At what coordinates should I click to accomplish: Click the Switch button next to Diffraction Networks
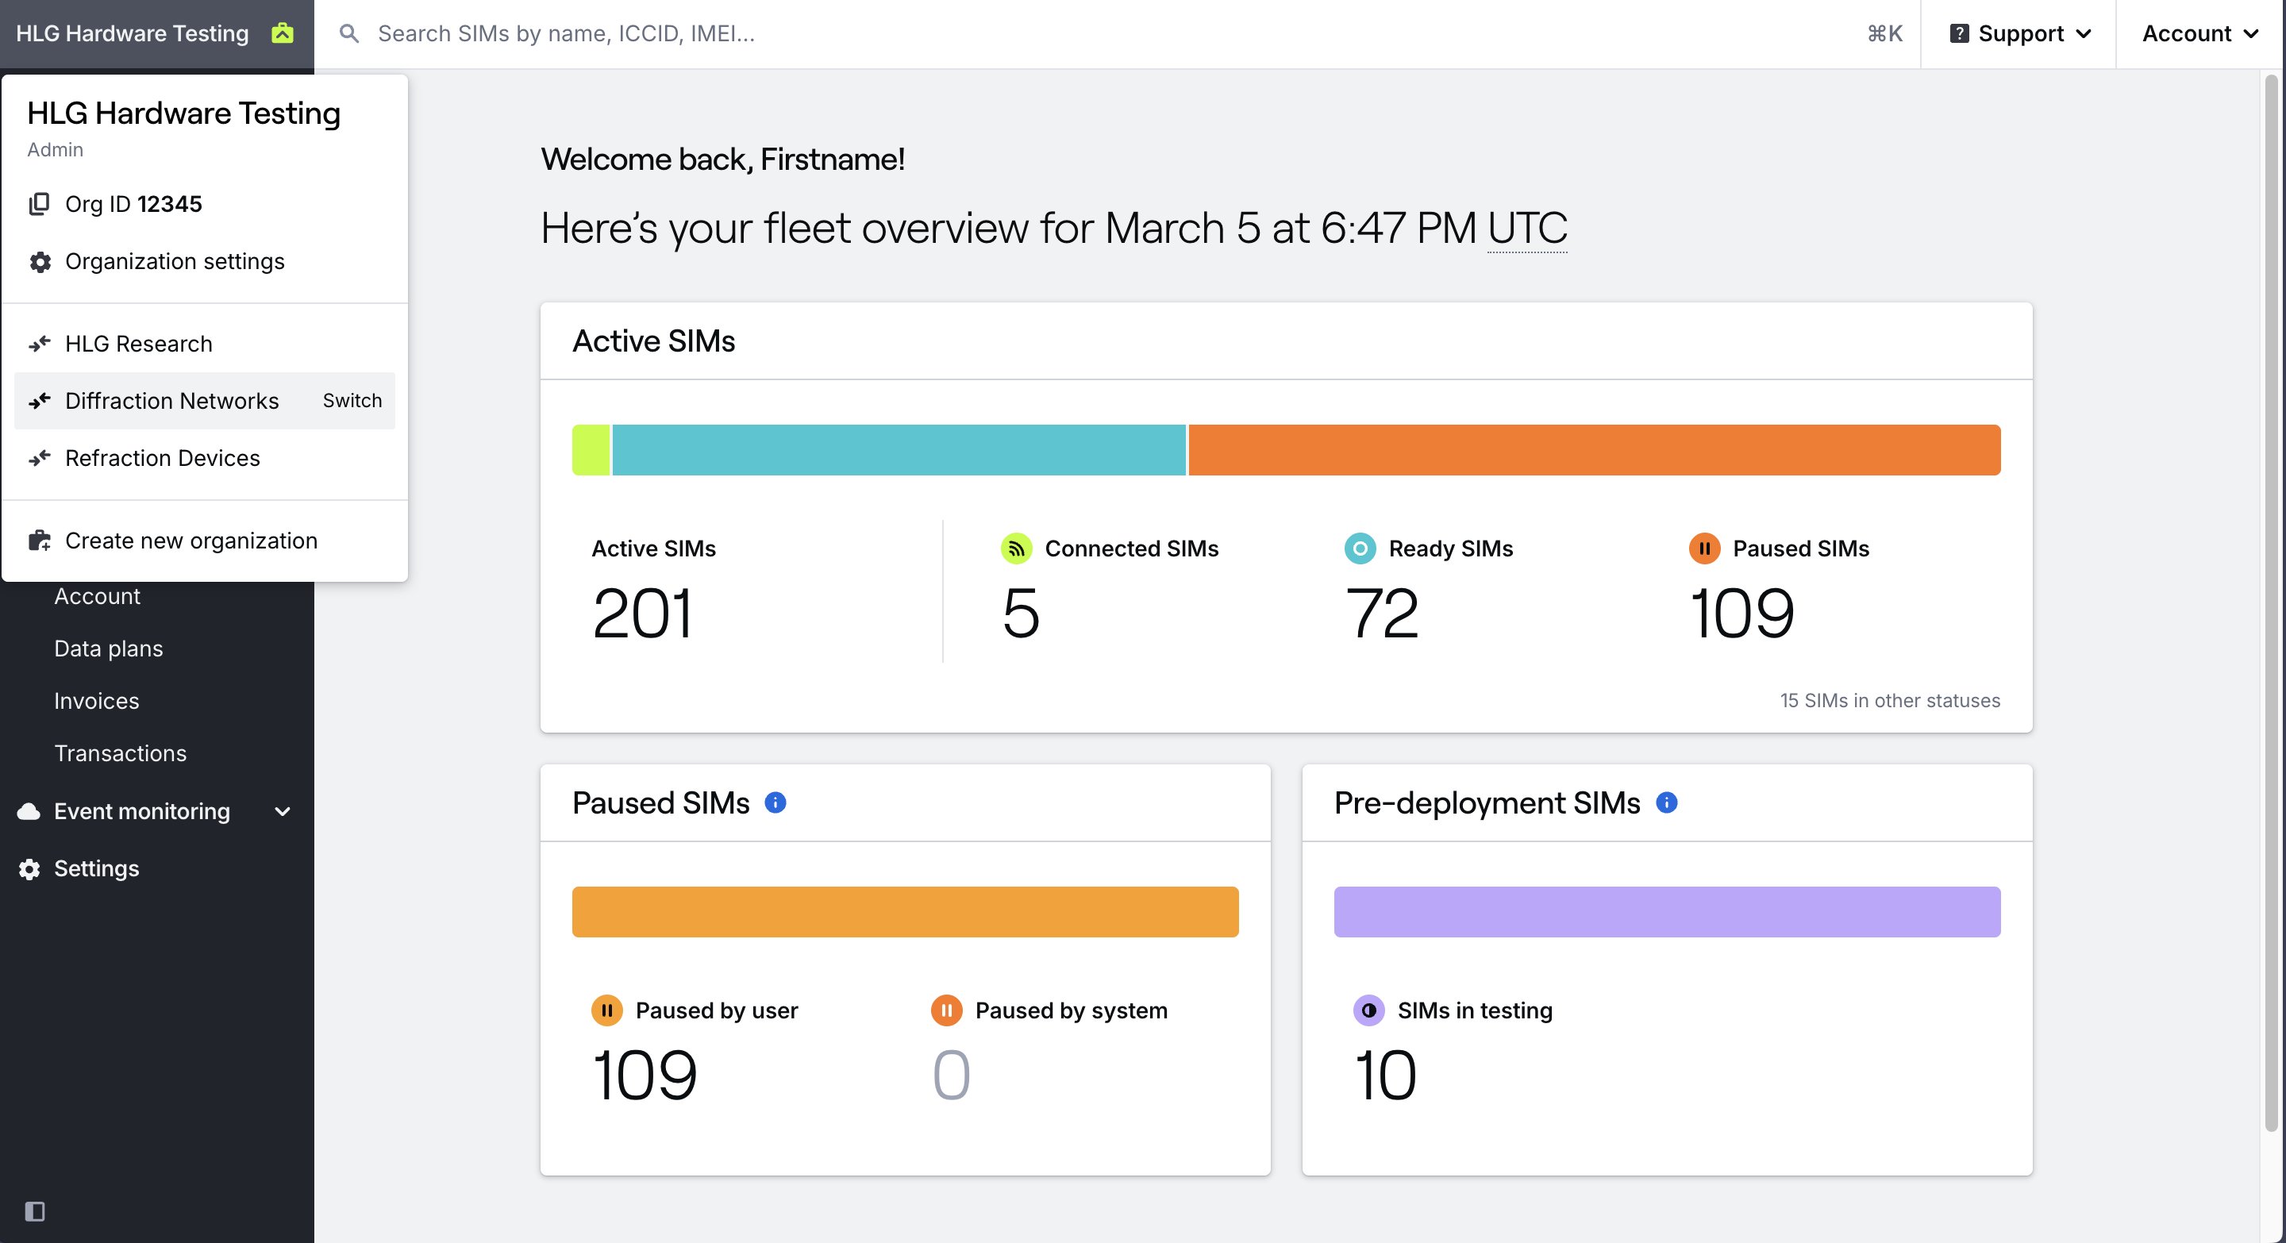tap(352, 401)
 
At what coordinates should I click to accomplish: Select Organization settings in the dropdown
tap(175, 262)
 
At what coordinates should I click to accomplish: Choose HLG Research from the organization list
tap(138, 344)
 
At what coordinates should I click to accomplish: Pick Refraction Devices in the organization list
tap(163, 459)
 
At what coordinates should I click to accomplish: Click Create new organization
tap(190, 541)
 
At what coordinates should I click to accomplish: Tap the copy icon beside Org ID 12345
tap(39, 204)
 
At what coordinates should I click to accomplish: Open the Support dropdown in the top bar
tap(2020, 33)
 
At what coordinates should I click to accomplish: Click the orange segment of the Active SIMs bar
tap(1594, 450)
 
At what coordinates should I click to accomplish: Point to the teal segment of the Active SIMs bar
tap(899, 450)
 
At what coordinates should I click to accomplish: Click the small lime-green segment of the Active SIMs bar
tap(591, 450)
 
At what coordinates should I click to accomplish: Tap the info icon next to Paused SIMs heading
tap(775, 803)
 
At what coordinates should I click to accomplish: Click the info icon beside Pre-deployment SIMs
tap(1667, 803)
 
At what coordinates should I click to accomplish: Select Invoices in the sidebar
tap(97, 701)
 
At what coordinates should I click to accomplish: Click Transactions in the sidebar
tap(121, 753)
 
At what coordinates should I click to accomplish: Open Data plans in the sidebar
tap(108, 648)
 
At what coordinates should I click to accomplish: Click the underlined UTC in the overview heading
tap(1527, 229)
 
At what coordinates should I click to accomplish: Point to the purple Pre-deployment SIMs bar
tap(1667, 911)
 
